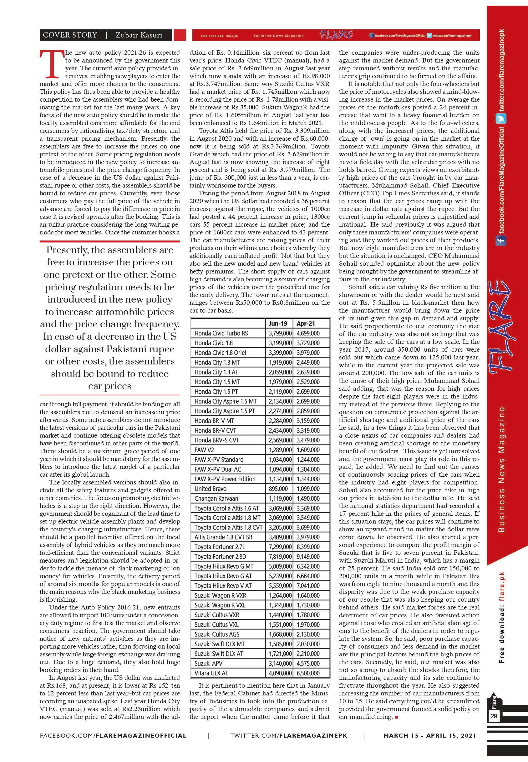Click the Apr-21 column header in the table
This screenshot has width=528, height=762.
(305, 323)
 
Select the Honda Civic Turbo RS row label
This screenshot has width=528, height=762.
(221, 333)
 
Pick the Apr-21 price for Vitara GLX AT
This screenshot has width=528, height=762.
(308, 673)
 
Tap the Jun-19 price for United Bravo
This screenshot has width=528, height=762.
(278, 489)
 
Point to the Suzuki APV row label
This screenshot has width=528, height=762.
(208, 663)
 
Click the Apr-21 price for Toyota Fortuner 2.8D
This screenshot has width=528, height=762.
(308, 557)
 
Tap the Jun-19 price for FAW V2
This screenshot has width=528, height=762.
(280, 450)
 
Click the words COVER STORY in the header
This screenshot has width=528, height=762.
(70, 35)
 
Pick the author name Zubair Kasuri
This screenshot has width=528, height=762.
(139, 35)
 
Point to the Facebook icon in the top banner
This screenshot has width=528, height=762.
(372, 35)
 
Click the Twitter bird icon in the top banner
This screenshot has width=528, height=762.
(429, 35)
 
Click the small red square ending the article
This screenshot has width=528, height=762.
(396, 717)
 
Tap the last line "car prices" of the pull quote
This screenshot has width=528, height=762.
(109, 386)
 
